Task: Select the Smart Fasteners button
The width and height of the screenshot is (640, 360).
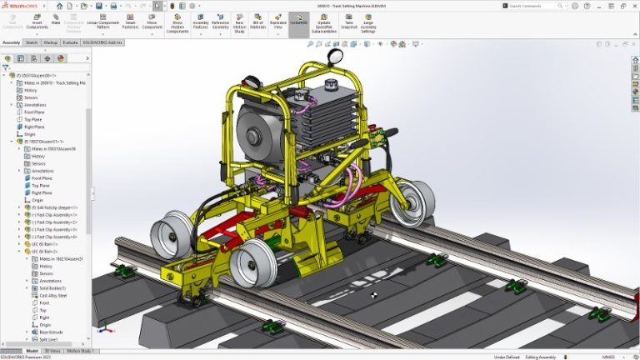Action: point(131,22)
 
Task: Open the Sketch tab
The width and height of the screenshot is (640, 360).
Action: point(32,42)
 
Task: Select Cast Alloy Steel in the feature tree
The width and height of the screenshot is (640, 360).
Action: point(54,295)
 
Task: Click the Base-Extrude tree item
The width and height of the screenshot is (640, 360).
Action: point(52,332)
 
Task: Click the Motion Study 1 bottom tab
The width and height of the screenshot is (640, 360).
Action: point(80,351)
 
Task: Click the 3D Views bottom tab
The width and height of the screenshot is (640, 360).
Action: point(52,351)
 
